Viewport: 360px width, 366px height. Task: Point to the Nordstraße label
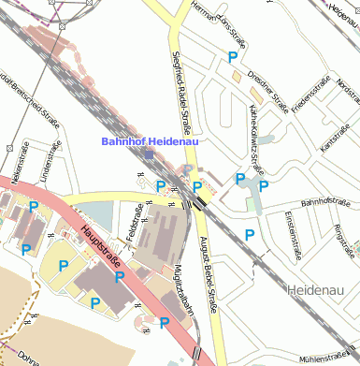pyautogui.click(x=348, y=90)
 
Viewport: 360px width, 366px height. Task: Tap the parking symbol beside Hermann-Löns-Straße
pyautogui.click(x=233, y=58)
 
